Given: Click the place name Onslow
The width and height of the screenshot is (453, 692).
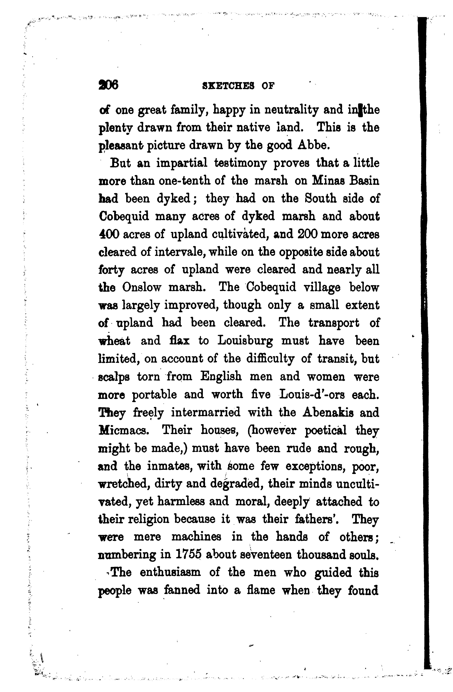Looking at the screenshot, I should (142, 288).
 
